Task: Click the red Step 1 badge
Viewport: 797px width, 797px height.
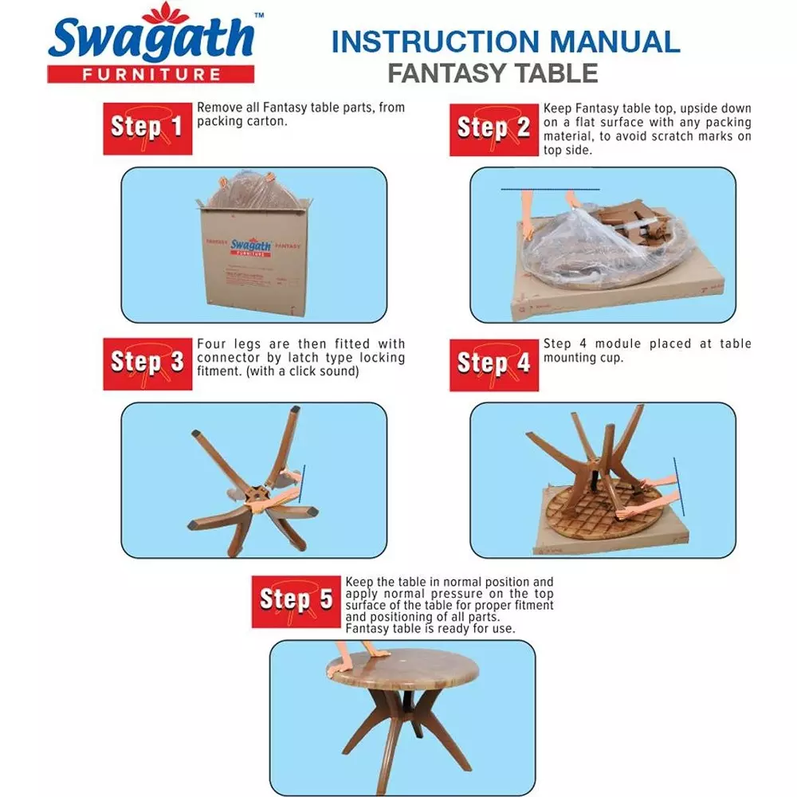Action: tap(147, 128)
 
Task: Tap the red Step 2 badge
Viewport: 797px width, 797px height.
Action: tap(494, 130)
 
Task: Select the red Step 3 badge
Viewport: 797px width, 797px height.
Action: tap(147, 364)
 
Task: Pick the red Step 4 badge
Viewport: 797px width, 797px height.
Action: tap(494, 365)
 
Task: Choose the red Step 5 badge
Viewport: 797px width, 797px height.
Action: tap(296, 602)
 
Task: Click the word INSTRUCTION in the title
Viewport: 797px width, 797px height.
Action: tap(436, 41)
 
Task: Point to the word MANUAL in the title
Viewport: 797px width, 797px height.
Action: tap(615, 41)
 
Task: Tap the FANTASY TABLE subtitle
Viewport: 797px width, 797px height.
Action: tap(493, 73)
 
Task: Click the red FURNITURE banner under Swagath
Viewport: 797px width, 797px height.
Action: tap(151, 74)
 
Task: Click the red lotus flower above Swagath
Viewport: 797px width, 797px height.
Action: tap(166, 13)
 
